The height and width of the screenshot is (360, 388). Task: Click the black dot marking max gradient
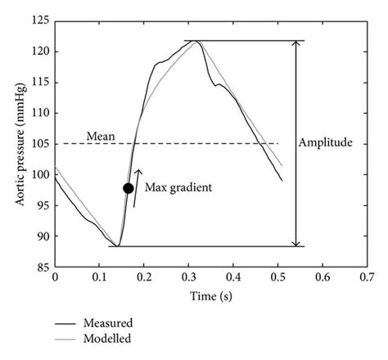(129, 188)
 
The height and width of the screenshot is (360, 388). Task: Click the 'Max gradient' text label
(178, 187)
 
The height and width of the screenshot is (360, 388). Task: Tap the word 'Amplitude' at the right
(327, 142)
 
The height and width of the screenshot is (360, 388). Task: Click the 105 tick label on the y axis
(38, 144)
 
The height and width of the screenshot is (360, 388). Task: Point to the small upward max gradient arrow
(137, 187)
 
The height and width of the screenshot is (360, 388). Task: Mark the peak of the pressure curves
(196, 42)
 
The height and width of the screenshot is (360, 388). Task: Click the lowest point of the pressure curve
(118, 245)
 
